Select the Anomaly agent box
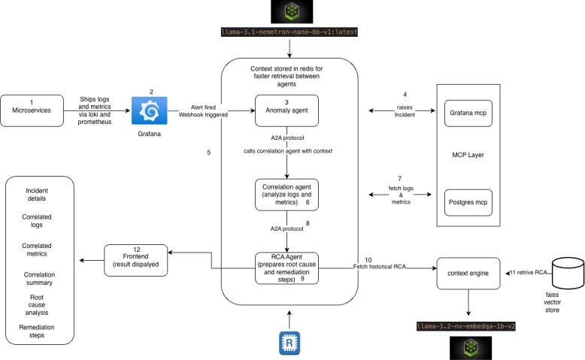(287, 110)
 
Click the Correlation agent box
(287, 193)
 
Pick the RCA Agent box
(287, 268)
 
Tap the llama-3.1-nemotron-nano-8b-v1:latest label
(287, 33)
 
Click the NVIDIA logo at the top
(287, 12)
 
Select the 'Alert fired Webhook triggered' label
(204, 112)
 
